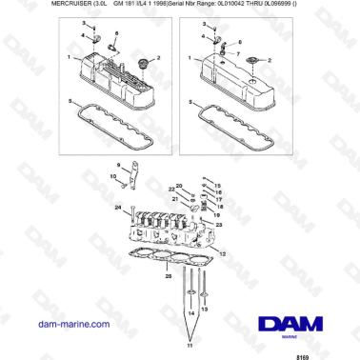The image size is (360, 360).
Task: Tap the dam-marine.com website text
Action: click(45, 324)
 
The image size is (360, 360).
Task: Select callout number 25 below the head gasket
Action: click(168, 276)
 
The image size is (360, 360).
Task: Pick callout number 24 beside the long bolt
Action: click(117, 207)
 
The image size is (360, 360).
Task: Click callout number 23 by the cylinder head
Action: click(220, 225)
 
